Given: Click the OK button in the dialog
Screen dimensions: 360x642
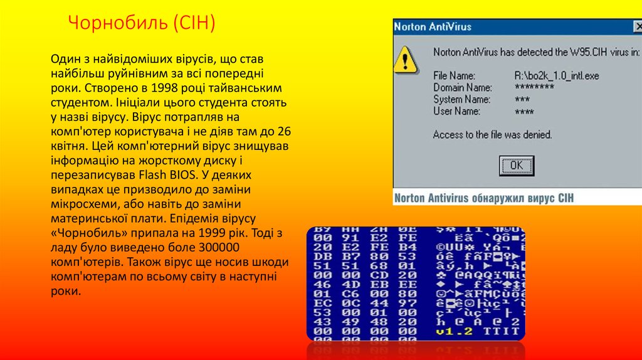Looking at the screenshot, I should tap(516, 166).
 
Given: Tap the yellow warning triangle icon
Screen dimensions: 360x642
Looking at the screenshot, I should tap(406, 60).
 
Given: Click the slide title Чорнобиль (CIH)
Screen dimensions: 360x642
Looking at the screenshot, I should tap(141, 24).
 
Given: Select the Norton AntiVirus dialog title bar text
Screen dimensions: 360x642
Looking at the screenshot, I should tap(433, 27).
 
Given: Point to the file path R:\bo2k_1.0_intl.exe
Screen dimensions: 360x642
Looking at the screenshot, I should tap(557, 76).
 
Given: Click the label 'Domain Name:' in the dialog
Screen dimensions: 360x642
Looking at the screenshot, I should tap(462, 88).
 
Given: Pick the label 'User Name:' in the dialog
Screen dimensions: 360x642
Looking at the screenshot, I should tap(456, 111).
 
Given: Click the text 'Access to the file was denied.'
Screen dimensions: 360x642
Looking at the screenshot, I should tap(492, 134).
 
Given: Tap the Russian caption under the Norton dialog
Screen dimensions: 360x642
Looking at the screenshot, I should tap(483, 198).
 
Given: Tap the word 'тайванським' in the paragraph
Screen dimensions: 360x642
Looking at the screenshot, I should tap(248, 88).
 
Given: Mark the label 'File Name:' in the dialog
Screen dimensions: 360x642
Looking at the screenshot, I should tap(454, 76).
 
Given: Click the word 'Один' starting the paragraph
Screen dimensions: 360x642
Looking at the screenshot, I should tap(65, 59).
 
